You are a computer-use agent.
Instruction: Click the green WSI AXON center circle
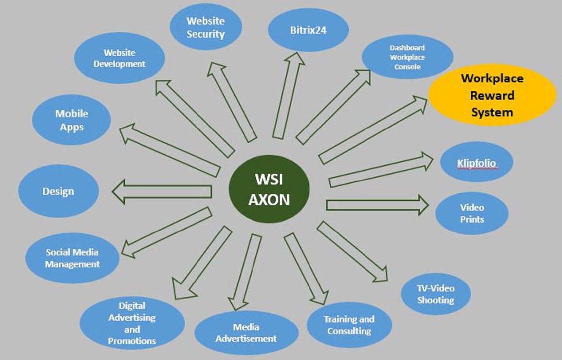coord(269,189)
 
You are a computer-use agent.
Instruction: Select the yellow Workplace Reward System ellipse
coord(492,95)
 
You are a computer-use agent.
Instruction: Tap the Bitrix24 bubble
coord(308,30)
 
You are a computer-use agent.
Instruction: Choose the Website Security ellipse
coord(205,27)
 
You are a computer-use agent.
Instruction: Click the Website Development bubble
coord(119,58)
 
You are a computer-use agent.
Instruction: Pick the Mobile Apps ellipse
coord(71,120)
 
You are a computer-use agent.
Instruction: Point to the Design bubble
coord(58,191)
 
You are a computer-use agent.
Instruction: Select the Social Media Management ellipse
coord(72,258)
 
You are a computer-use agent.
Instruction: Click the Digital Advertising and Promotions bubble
coord(132,323)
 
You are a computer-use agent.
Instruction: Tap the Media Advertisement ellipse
coord(246,333)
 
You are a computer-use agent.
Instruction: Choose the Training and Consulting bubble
coord(349,325)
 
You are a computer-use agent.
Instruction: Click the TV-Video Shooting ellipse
coord(435,294)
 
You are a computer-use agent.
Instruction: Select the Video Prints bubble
coord(472,213)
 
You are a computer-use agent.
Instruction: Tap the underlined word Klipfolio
coord(476,163)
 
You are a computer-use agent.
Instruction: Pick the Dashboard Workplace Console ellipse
coord(407,57)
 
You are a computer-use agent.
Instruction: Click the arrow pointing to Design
coord(162,192)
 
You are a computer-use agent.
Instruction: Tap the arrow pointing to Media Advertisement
coord(245,272)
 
